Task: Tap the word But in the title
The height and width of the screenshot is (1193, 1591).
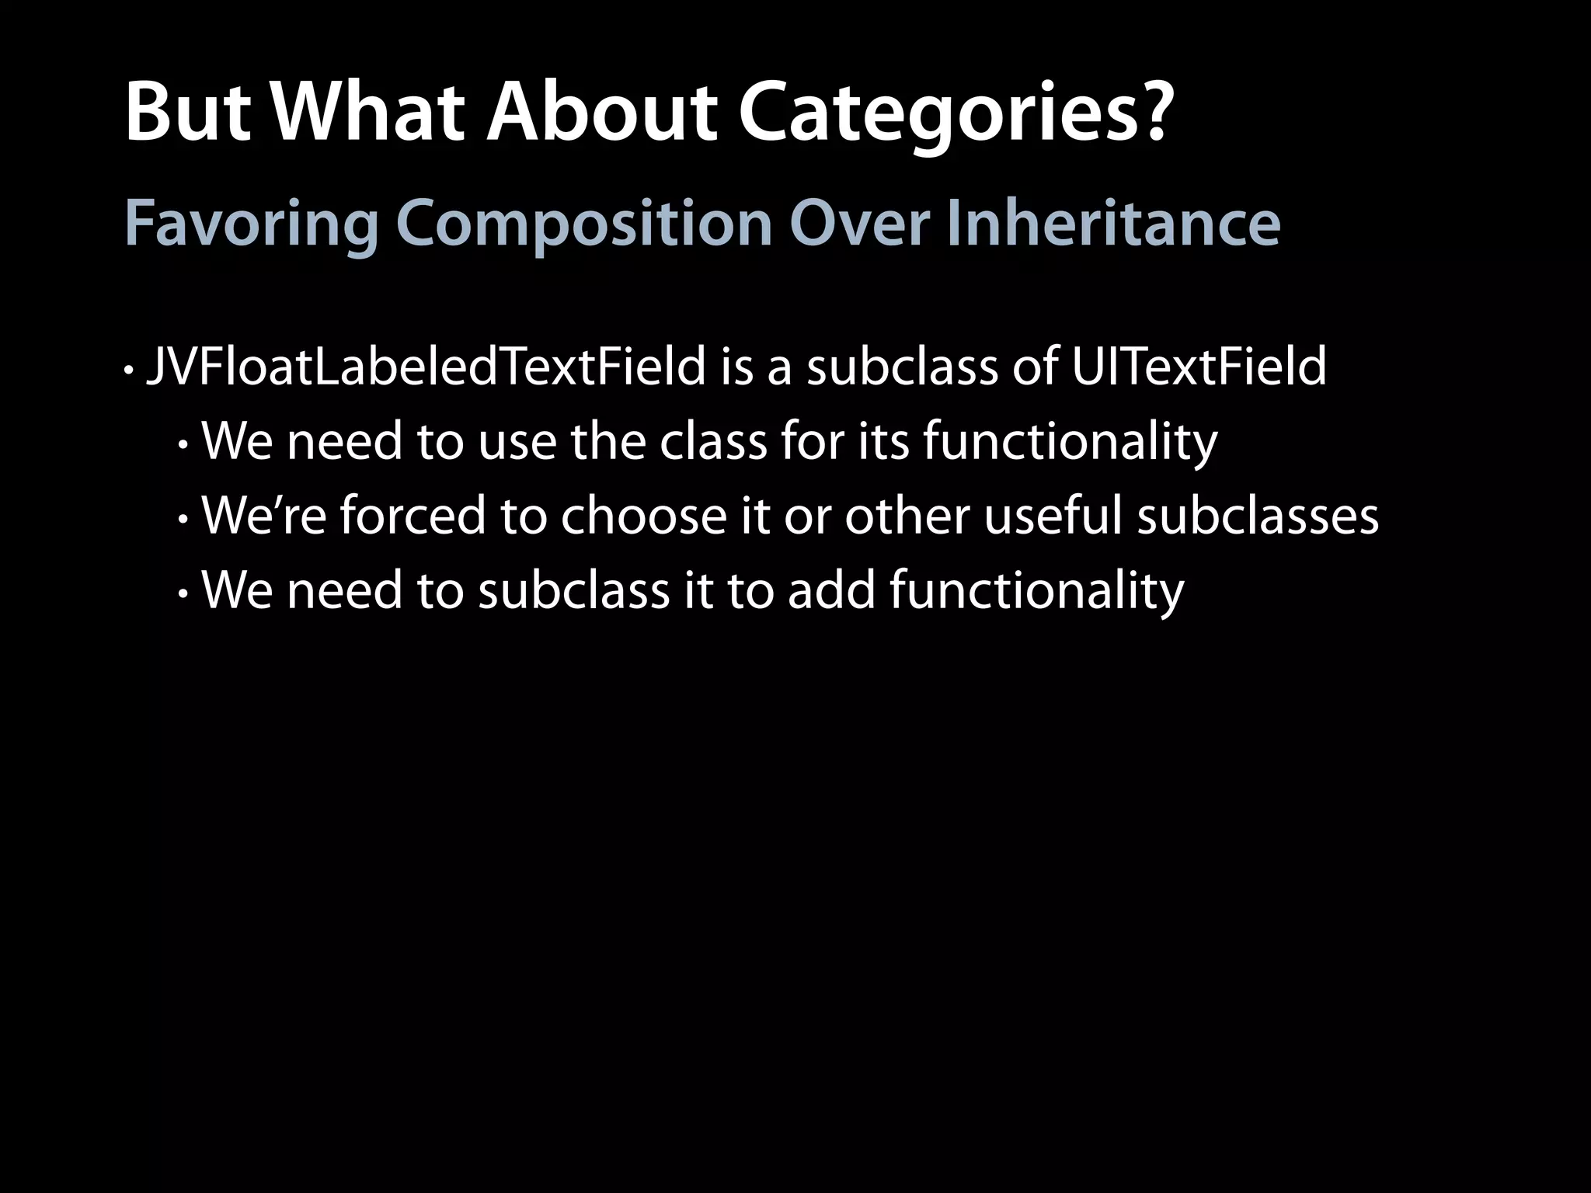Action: [187, 113]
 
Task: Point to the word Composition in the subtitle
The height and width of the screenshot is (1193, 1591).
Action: [583, 224]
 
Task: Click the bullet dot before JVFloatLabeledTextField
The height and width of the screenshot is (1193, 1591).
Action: [128, 370]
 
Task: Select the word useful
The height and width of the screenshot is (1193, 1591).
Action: [1053, 516]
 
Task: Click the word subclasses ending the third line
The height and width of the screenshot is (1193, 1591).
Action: [1258, 516]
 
